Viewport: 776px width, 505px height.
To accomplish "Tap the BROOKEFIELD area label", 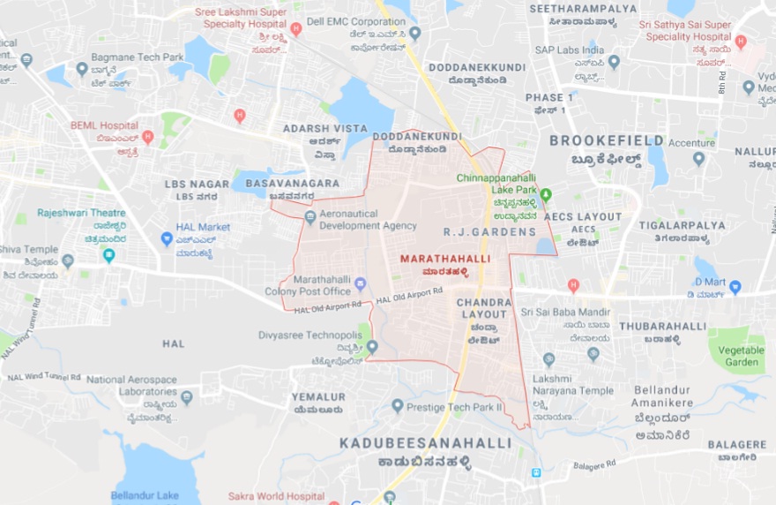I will pyautogui.click(x=607, y=140).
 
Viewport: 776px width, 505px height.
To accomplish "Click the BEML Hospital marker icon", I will pyautogui.click(x=148, y=137).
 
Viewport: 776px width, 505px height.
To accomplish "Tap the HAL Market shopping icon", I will pyautogui.click(x=167, y=238).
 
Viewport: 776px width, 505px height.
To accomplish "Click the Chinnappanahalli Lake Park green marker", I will pyautogui.click(x=545, y=194).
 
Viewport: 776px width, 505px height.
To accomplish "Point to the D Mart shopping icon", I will pyautogui.click(x=735, y=287).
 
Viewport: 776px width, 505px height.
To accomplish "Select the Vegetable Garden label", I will pyautogui.click(x=741, y=356).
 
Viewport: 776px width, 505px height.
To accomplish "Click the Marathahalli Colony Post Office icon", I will pyautogui.click(x=360, y=284).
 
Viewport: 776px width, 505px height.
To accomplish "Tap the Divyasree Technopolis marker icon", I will pyautogui.click(x=372, y=347).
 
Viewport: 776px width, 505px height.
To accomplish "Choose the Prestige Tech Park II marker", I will pyautogui.click(x=398, y=406).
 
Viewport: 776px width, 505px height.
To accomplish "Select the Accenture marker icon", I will pyautogui.click(x=699, y=159).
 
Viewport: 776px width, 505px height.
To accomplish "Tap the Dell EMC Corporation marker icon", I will pyautogui.click(x=415, y=33).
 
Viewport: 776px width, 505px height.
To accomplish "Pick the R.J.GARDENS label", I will pyautogui.click(x=489, y=232).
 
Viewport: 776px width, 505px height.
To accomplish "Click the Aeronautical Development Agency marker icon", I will pyautogui.click(x=310, y=217).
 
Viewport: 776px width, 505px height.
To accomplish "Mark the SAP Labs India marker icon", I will pyautogui.click(x=614, y=62).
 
